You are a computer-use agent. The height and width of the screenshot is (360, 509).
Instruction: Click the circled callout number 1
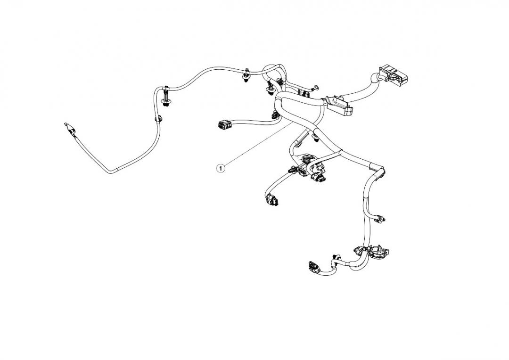tap(220, 166)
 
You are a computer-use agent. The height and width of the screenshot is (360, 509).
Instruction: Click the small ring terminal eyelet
tap(316, 87)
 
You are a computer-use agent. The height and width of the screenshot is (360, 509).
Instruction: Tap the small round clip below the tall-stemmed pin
tap(160, 119)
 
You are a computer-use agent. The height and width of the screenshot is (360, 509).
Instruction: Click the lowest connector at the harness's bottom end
tap(313, 266)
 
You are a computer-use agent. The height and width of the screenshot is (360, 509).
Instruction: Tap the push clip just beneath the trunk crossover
tap(315, 138)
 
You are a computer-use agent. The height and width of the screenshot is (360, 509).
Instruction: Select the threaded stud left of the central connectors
tap(289, 170)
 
